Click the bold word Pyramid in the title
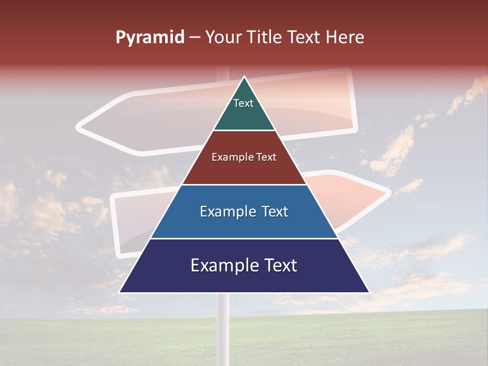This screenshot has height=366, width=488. coord(149,38)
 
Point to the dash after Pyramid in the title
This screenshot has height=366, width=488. coord(195,38)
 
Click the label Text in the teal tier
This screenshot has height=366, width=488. coord(243,103)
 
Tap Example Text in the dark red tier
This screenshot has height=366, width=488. coord(244,157)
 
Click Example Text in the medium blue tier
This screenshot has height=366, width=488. coord(244,211)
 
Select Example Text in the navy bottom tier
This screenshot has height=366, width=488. coord(244,265)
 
